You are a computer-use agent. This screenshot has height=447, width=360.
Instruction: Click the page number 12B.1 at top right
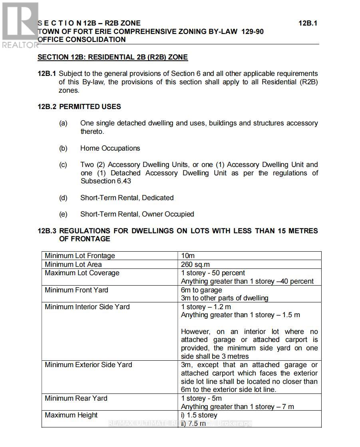[x=308, y=23]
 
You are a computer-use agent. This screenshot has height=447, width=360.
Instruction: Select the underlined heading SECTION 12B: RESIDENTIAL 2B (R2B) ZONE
[x=112, y=57]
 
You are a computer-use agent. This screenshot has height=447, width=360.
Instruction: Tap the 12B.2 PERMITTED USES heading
[x=79, y=107]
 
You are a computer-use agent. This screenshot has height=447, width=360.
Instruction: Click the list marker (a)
[x=63, y=123]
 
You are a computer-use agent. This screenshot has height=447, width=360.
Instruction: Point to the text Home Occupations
[x=110, y=148]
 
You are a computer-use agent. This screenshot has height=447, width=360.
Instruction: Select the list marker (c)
[x=63, y=165]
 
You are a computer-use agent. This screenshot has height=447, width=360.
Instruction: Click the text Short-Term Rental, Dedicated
[x=127, y=198]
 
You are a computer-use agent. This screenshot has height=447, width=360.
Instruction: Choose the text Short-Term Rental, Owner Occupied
[x=137, y=214]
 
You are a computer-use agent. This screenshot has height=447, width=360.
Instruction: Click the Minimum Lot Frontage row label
[x=80, y=256]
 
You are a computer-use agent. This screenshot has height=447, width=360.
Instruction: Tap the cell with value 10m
[x=188, y=256]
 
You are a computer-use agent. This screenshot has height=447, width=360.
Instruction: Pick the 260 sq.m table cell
[x=195, y=264]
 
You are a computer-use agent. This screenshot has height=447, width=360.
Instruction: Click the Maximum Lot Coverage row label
[x=82, y=273]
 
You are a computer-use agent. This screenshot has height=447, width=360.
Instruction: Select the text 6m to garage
[x=201, y=290]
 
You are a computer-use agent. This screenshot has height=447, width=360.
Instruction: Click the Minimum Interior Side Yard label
[x=87, y=307]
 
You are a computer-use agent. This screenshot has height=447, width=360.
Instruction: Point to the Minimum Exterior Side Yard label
[x=88, y=365]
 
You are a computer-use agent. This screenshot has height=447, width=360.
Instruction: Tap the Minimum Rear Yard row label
[x=76, y=398]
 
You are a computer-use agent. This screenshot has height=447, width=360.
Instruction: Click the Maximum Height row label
[x=71, y=415]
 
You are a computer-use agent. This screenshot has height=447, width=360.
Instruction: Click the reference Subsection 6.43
[x=105, y=181]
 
